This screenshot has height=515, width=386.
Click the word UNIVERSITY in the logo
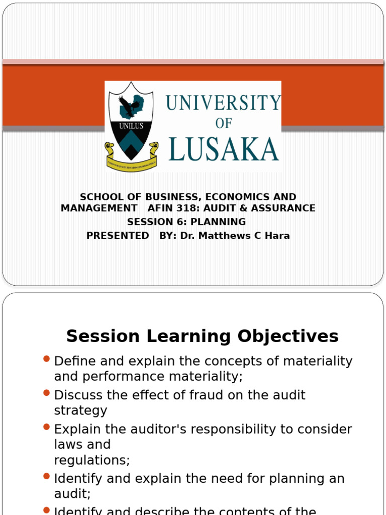click(x=223, y=103)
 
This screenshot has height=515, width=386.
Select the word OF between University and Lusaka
click(x=224, y=124)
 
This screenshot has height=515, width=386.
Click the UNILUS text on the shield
click(x=131, y=126)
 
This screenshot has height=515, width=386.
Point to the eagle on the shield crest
click(x=130, y=107)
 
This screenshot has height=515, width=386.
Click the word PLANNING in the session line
click(x=218, y=222)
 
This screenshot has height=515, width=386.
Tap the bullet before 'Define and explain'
click(x=47, y=359)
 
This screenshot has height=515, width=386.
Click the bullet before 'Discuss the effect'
click(x=47, y=392)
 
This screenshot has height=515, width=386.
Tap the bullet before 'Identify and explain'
click(x=47, y=475)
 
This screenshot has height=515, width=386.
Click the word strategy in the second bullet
click(x=80, y=410)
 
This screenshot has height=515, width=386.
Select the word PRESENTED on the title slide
click(x=118, y=235)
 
